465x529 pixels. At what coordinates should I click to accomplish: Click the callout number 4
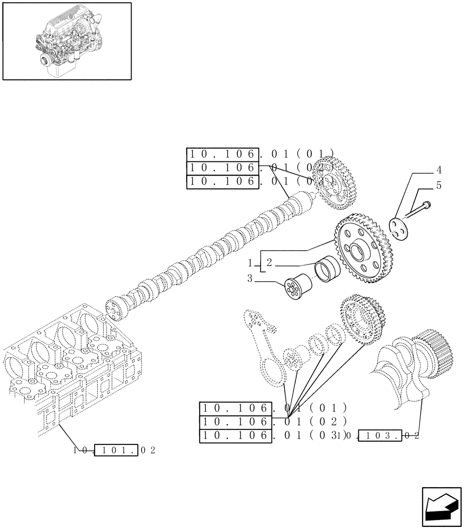(x=439, y=170)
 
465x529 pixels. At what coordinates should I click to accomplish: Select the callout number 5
(x=439, y=186)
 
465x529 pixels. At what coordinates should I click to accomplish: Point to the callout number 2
(x=268, y=262)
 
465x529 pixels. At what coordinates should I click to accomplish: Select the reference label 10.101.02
(x=115, y=451)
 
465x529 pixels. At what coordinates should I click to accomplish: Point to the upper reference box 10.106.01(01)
(x=222, y=154)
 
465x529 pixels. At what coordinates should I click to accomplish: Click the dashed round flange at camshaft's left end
(x=114, y=309)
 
